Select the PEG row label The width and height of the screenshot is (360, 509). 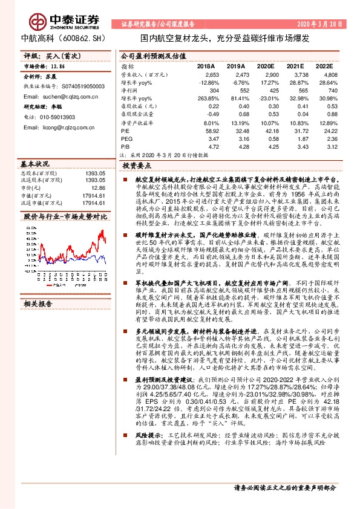click(x=127, y=138)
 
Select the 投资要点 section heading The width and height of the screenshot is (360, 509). click(x=136, y=164)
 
